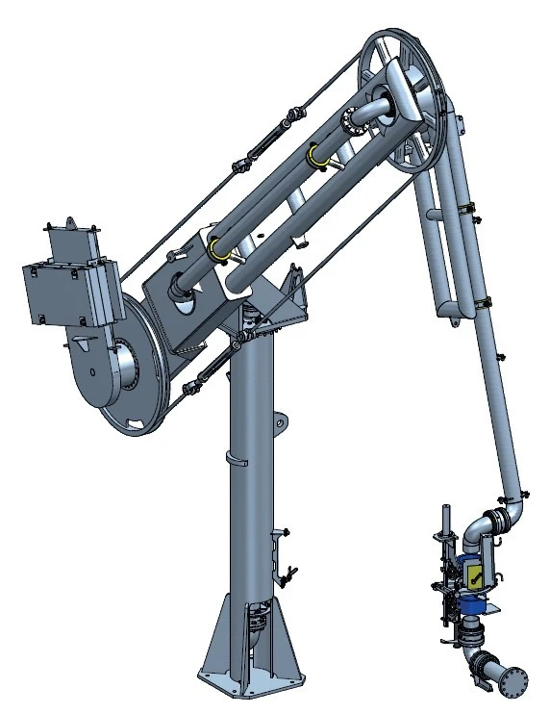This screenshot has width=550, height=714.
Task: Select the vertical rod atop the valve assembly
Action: tap(443, 524)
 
